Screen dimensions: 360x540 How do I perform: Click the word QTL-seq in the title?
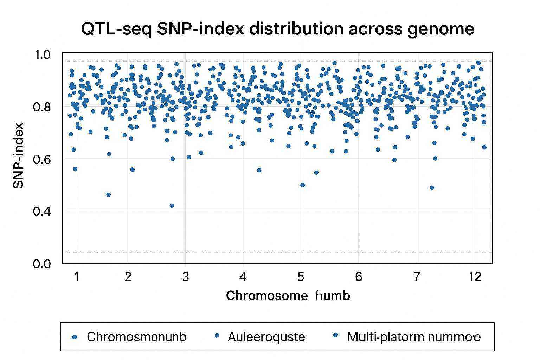point(116,29)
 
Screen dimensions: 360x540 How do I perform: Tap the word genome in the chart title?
point(441,29)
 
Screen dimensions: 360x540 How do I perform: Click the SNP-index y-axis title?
point(18,156)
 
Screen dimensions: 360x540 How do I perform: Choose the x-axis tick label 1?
point(77,277)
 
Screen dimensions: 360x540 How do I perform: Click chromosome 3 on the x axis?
point(186,277)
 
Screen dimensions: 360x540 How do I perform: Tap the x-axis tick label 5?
point(301,277)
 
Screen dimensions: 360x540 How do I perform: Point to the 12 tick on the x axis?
point(475,277)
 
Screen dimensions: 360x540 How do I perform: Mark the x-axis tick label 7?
point(417,277)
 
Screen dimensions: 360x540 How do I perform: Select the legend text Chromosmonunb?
point(137,337)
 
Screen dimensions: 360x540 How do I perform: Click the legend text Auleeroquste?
point(266,337)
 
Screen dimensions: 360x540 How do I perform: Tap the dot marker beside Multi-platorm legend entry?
point(335,335)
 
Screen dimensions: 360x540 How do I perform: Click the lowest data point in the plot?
point(172,206)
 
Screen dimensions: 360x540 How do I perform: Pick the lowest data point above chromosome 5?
point(302,185)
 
